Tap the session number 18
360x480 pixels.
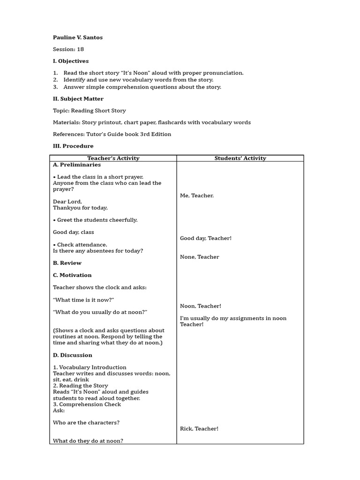click(81, 49)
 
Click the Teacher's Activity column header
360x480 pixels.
click(113, 158)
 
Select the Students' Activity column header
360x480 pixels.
click(240, 158)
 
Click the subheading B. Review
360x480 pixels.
click(67, 263)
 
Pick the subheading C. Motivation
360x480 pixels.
click(72, 275)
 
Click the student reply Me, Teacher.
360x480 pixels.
click(196, 195)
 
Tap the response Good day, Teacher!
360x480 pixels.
click(205, 238)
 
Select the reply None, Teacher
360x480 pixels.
click(199, 257)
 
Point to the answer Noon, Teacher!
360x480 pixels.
click(200, 306)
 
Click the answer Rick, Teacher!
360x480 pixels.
click(199, 428)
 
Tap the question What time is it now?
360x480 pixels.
click(83, 300)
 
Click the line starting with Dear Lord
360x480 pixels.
click(67, 202)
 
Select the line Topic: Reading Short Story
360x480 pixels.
click(89, 111)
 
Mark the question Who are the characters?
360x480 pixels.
click(86, 422)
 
